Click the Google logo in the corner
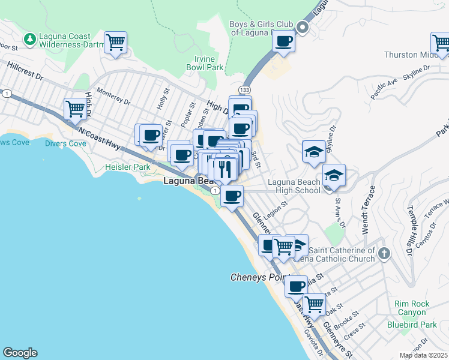(20, 353)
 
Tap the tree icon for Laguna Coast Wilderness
(29, 39)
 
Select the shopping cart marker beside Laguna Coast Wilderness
(115, 43)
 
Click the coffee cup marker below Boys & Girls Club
(283, 42)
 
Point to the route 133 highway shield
(244, 89)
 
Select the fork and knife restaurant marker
(225, 169)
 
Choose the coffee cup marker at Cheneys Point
(295, 286)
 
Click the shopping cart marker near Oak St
(314, 304)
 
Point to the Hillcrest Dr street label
(23, 73)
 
